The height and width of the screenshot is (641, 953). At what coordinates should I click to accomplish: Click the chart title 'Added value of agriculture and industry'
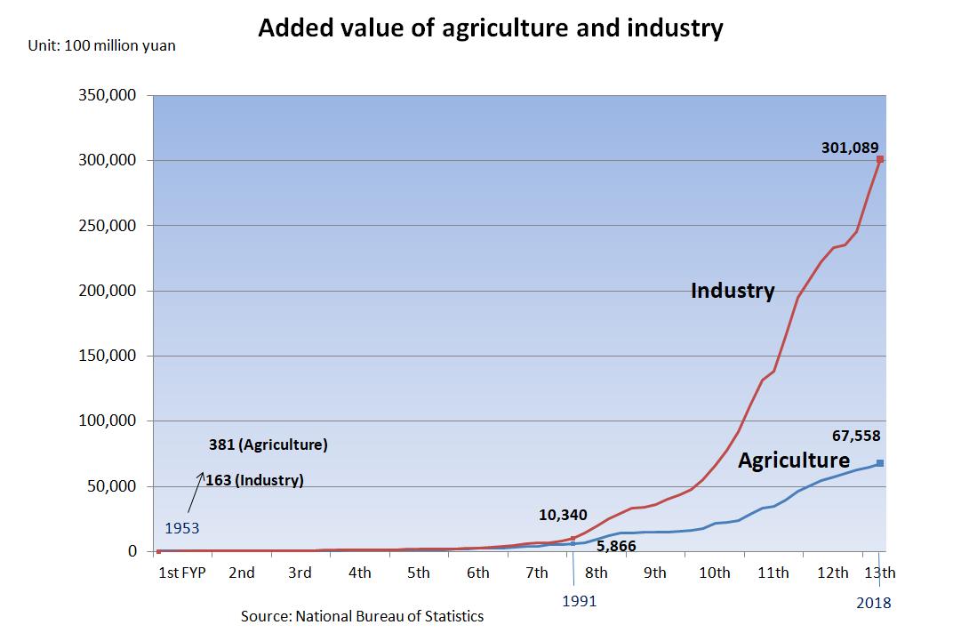click(x=490, y=28)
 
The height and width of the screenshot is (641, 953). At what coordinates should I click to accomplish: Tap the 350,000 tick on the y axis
click(x=108, y=95)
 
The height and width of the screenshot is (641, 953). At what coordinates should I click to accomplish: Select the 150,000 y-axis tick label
click(x=108, y=356)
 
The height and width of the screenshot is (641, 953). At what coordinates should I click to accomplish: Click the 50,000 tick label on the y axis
click(x=112, y=486)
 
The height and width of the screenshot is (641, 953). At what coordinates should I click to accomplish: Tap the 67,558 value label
click(x=855, y=436)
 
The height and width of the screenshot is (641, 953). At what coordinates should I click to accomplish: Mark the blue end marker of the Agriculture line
click(x=880, y=462)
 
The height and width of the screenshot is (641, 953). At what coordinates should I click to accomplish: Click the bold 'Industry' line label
click(x=733, y=291)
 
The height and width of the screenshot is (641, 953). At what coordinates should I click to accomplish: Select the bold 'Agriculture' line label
click(x=794, y=461)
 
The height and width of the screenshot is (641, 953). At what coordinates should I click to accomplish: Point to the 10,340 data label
click(x=563, y=515)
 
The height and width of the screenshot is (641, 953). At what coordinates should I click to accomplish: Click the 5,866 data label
click(x=615, y=547)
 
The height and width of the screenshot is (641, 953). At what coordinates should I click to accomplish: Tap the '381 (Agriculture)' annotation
click(x=268, y=445)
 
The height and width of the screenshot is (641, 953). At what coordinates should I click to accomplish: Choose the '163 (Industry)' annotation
click(x=254, y=480)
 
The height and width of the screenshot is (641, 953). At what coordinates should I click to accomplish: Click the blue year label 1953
click(x=181, y=528)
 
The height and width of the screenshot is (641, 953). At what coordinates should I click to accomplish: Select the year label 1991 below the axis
click(x=580, y=601)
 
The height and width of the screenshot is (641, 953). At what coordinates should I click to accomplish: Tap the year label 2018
click(x=874, y=603)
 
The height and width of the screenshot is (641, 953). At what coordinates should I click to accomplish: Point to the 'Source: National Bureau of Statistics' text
click(x=363, y=615)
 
